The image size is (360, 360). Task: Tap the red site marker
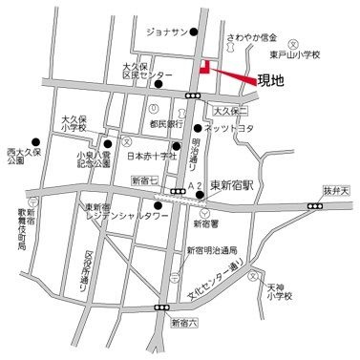[203, 66]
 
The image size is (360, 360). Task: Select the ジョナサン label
[163, 32]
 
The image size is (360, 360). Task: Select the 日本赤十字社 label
[159, 157]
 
